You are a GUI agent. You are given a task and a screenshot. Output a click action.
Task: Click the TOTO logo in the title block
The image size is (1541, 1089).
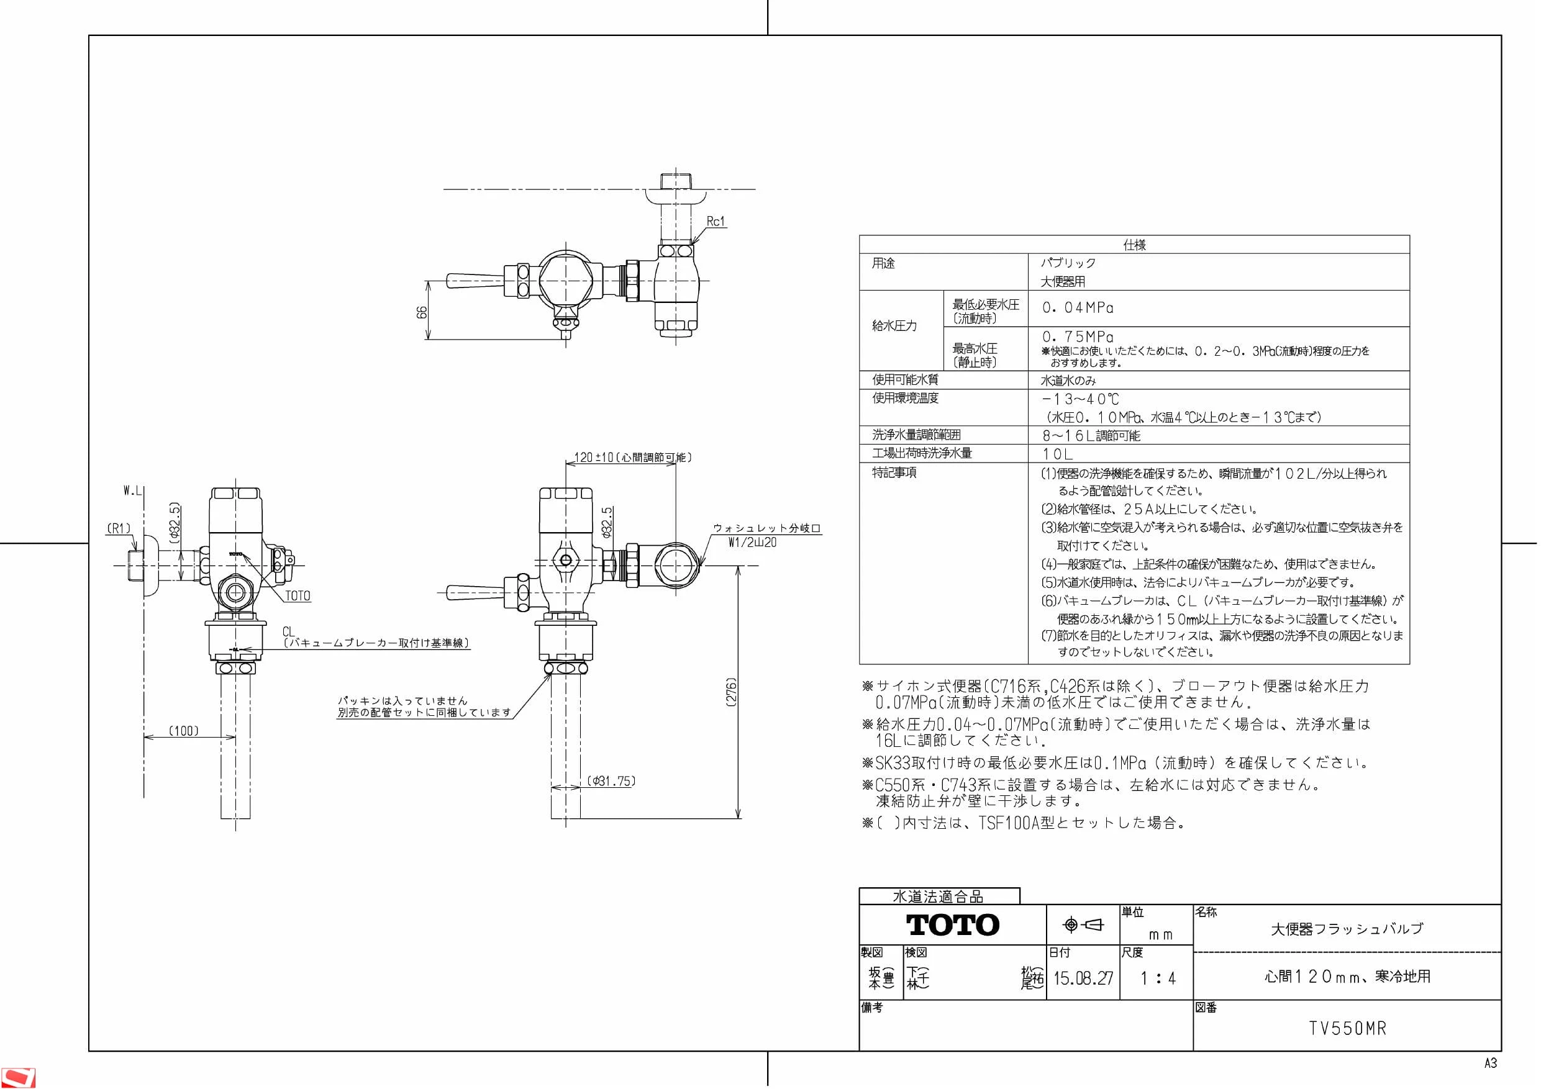[x=952, y=924]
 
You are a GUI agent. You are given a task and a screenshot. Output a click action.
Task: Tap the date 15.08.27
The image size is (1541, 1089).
[x=1083, y=978]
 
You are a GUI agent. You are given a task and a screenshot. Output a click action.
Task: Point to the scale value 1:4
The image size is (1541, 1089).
[x=1158, y=978]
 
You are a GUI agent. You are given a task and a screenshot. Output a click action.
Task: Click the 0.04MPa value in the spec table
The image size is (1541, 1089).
[x=1078, y=308]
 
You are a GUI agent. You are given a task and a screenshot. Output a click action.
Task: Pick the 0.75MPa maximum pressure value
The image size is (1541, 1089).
[x=1078, y=337]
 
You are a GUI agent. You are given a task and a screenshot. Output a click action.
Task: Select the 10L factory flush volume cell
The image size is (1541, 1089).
[x=1057, y=454]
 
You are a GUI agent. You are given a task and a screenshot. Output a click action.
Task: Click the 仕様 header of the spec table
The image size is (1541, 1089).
[x=1134, y=245]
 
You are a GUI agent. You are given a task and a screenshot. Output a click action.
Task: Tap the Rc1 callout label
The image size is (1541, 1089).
[x=716, y=222]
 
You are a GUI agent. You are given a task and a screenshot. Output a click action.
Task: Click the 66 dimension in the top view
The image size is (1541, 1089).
[x=422, y=313]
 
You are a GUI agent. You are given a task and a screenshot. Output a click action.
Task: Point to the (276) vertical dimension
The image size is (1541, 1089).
[x=732, y=692]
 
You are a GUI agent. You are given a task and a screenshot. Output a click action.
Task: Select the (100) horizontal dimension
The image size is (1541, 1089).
[x=183, y=731]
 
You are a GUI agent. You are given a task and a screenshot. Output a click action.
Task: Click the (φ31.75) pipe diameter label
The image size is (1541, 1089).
[x=611, y=781]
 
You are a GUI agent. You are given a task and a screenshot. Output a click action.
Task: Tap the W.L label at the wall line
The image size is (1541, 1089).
[x=133, y=491]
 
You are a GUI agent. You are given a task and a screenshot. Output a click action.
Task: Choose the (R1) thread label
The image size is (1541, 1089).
[x=119, y=529]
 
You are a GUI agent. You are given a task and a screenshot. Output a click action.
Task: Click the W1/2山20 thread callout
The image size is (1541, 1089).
[x=752, y=542]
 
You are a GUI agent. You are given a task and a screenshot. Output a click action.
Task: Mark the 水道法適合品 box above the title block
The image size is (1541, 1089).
[x=939, y=897]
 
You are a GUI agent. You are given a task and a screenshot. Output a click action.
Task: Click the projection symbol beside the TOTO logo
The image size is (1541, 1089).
[x=1083, y=925]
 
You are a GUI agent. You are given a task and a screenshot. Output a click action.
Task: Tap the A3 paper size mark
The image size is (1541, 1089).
[x=1491, y=1064]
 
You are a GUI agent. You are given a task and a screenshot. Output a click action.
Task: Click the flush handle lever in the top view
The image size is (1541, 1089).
[x=475, y=281]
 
